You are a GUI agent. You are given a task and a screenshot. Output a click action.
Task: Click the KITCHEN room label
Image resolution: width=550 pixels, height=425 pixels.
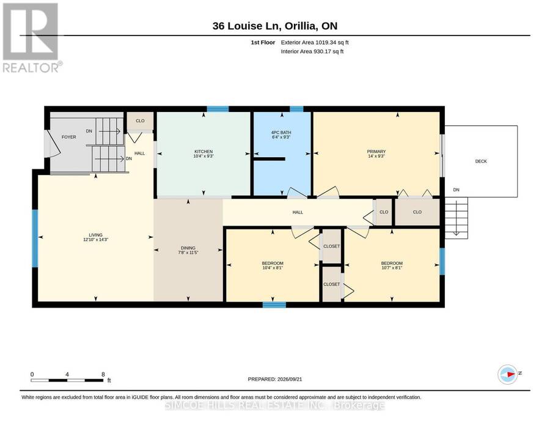pyautogui.click(x=204, y=151)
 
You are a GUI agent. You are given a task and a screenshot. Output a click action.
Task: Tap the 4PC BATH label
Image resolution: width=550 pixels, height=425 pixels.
pyautogui.click(x=281, y=132)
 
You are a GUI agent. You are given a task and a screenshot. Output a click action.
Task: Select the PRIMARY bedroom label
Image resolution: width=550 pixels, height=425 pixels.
pyautogui.click(x=376, y=151)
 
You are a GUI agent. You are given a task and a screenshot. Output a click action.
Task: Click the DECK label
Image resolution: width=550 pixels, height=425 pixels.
pyautogui.click(x=481, y=161)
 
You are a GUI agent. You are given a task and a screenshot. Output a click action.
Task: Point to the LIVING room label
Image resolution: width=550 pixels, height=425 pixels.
pyautogui.click(x=95, y=235)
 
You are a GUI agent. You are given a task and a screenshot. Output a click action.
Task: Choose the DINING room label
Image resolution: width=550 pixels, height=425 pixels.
pyautogui.click(x=188, y=248)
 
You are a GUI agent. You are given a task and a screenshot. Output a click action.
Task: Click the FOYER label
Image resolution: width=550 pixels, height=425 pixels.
pyautogui.click(x=68, y=137)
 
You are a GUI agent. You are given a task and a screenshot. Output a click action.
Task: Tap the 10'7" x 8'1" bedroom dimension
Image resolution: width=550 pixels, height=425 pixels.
pyautogui.click(x=392, y=268)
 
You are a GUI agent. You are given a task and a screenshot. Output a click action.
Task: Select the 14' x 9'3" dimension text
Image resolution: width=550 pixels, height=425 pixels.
pyautogui.click(x=376, y=156)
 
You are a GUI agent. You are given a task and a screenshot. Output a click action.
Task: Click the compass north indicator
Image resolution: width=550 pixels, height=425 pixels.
pyautogui.click(x=508, y=374)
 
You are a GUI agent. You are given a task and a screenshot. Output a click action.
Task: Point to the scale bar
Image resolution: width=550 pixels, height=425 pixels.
pyautogui.click(x=67, y=380)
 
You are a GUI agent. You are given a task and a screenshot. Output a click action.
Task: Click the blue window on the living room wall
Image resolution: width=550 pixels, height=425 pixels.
pyautogui.click(x=35, y=238)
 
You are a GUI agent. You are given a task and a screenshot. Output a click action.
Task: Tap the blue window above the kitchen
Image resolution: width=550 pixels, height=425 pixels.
pyautogui.click(x=218, y=109)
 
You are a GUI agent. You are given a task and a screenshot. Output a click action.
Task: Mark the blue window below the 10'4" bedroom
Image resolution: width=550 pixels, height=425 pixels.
pyautogui.click(x=274, y=305)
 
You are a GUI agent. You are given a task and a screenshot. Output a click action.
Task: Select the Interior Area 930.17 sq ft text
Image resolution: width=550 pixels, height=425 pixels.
pyautogui.click(x=312, y=51)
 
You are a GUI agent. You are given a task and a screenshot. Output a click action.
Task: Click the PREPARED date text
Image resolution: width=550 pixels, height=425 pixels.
pyautogui.click(x=275, y=379)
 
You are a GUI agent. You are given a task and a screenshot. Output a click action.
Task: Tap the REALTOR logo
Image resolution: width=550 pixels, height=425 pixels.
pyautogui.click(x=31, y=37)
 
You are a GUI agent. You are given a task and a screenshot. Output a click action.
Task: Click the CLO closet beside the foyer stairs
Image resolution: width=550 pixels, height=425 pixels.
pyautogui.click(x=140, y=120)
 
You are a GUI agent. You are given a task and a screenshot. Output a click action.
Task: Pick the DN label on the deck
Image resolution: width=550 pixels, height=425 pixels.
pyautogui.click(x=456, y=190)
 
